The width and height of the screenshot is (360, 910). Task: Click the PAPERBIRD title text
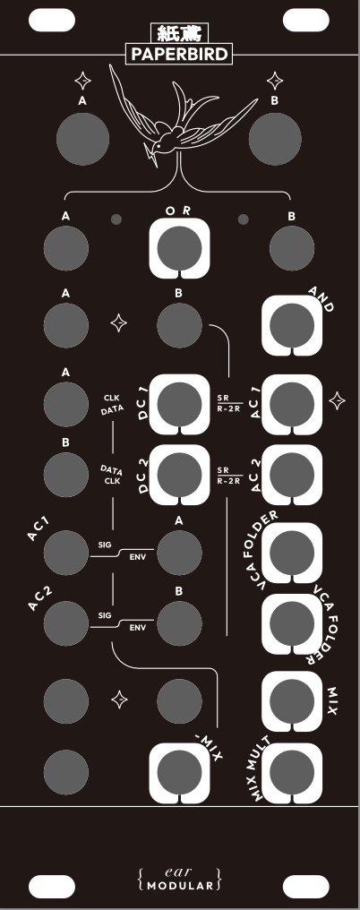tap(179, 55)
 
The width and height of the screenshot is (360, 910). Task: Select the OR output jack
tap(179, 249)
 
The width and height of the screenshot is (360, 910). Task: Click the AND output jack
tap(292, 326)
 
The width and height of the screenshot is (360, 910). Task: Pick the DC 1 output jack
tap(179, 404)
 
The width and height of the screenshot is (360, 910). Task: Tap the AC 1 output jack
tap(292, 404)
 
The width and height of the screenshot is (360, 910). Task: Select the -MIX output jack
tap(179, 772)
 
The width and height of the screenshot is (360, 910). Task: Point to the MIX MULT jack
tap(292, 772)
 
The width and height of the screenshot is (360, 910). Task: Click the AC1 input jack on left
tap(66, 553)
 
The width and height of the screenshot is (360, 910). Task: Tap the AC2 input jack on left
tap(66, 623)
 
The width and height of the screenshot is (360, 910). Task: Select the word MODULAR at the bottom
tap(180, 886)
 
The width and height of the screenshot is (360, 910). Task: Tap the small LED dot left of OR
tap(116, 219)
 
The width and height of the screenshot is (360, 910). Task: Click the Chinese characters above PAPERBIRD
tap(179, 34)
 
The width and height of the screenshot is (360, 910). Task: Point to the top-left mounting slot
tap(52, 21)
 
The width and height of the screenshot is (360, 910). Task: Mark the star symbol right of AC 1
tap(338, 400)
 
